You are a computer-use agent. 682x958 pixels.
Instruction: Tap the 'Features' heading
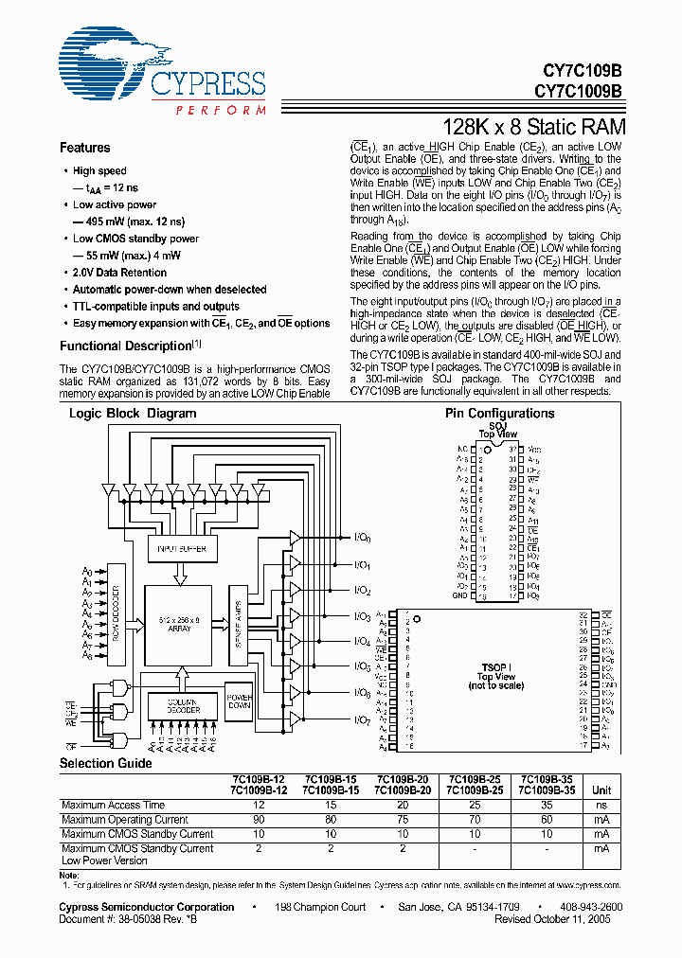click(x=84, y=148)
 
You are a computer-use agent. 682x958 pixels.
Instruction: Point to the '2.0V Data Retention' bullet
click(x=122, y=273)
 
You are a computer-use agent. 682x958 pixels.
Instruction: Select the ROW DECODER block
click(x=116, y=613)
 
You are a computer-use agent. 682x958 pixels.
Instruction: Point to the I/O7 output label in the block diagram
click(x=362, y=721)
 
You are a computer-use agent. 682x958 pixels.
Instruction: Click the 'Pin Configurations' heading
click(x=486, y=414)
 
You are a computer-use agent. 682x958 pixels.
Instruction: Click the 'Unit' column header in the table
click(x=601, y=789)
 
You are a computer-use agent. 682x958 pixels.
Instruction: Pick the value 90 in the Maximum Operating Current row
click(x=259, y=820)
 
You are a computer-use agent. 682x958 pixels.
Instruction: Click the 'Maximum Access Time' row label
click(x=113, y=806)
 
